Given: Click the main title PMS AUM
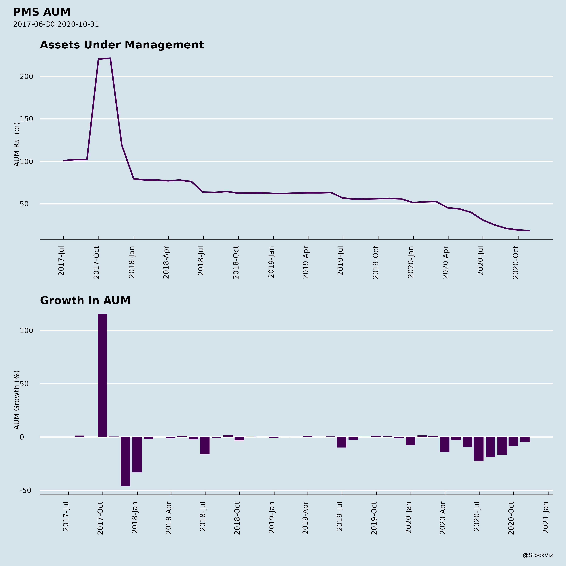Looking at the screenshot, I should [x=42, y=12].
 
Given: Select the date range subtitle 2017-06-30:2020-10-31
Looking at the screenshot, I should [x=56, y=24].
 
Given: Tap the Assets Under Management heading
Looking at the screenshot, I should [x=122, y=45].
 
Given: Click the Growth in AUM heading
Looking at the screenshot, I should [x=85, y=301].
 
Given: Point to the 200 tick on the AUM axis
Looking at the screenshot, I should [x=26, y=76].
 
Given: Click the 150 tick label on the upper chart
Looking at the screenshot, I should [x=26, y=119].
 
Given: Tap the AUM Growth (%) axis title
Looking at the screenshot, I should [x=17, y=400].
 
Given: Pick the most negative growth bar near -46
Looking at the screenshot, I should [x=125, y=461].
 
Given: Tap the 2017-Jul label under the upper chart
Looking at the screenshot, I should [x=61, y=261].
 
